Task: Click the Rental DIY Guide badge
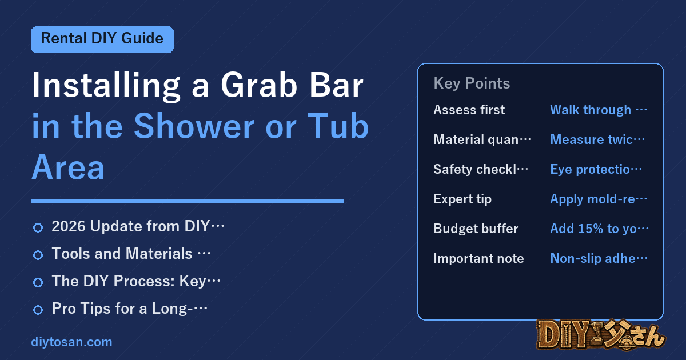[x=102, y=39]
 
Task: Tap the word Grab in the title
[x=259, y=85]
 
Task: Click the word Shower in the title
[x=194, y=126]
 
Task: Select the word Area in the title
[x=68, y=167]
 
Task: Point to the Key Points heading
[x=472, y=83]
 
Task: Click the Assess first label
[x=469, y=110]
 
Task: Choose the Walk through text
[x=591, y=110]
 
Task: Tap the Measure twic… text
[x=597, y=139]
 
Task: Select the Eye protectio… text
[x=596, y=169]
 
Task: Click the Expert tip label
[x=462, y=199]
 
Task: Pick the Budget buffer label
[x=476, y=229]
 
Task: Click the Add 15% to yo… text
[x=599, y=229]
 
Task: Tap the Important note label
[x=478, y=258]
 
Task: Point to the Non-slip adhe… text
[x=599, y=258]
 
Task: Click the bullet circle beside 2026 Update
[x=38, y=228]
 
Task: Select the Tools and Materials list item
[x=131, y=254]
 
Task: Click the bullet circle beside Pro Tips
[x=38, y=310]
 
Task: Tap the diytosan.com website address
[x=71, y=342]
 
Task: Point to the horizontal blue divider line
[x=187, y=201]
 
